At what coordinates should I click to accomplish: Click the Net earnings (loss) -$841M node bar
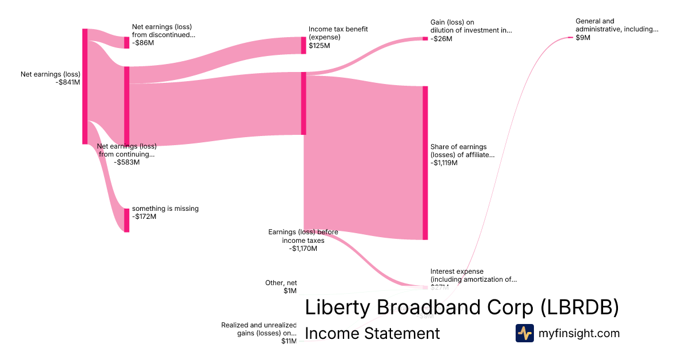(x=85, y=86)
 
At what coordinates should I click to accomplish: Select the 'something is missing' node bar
(x=126, y=220)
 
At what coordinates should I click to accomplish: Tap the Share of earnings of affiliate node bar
(x=425, y=163)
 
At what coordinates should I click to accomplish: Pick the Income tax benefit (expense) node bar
(x=304, y=45)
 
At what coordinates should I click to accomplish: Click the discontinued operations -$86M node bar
(x=126, y=42)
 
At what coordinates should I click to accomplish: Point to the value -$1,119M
(x=444, y=163)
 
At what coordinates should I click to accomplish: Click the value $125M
(x=319, y=46)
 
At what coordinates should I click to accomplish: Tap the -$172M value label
(x=144, y=217)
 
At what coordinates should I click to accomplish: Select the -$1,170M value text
(x=303, y=249)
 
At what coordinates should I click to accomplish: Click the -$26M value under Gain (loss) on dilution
(x=441, y=39)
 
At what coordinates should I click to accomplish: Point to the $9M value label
(x=583, y=38)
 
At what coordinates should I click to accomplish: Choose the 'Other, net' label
(x=281, y=283)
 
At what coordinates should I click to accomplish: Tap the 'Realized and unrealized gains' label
(x=259, y=329)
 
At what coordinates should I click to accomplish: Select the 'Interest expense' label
(x=457, y=271)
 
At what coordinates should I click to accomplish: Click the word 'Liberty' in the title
(x=338, y=307)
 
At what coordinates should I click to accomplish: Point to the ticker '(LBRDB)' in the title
(x=580, y=307)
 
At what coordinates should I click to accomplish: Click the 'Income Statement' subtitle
(x=372, y=333)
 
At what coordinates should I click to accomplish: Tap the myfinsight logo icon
(x=524, y=333)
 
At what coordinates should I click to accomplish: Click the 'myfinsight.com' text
(x=579, y=333)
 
